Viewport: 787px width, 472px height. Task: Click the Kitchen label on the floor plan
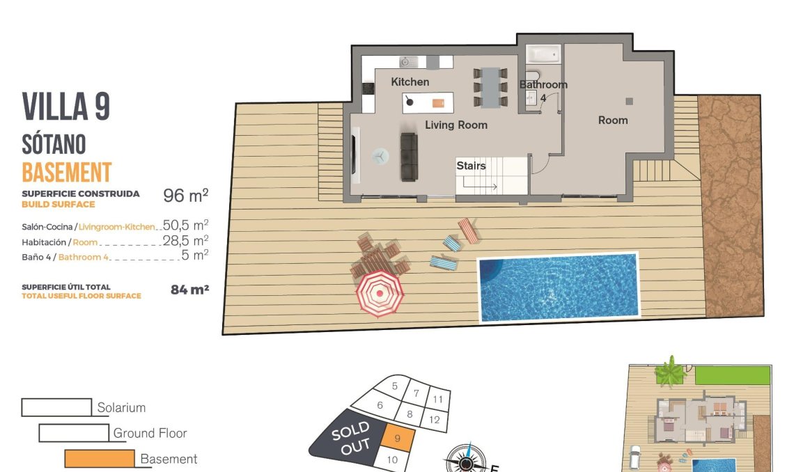(x=410, y=82)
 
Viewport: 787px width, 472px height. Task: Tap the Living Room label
(x=456, y=125)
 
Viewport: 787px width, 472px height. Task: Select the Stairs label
(x=471, y=166)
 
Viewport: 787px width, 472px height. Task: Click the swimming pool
(x=557, y=287)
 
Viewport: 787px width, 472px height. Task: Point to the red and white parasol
(x=380, y=292)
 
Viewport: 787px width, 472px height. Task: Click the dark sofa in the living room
(x=409, y=156)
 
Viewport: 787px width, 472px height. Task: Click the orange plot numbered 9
(x=398, y=439)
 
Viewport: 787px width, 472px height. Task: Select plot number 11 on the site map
(x=437, y=400)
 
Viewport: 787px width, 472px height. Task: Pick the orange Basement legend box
(x=99, y=459)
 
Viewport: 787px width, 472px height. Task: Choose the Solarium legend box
(x=56, y=407)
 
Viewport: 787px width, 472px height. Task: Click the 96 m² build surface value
(x=185, y=196)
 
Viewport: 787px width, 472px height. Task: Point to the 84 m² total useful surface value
(x=189, y=290)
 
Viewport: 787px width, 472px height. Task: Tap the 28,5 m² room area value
(x=185, y=241)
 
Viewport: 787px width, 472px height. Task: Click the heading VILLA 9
(x=66, y=107)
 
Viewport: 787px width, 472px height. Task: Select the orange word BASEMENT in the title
(x=67, y=172)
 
